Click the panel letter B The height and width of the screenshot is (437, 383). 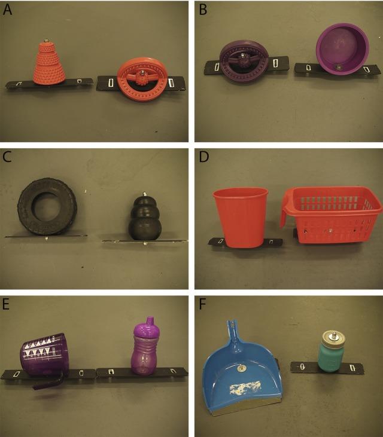click(x=202, y=10)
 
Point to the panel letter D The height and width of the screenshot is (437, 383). click(x=202, y=158)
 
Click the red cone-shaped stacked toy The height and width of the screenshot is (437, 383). click(x=48, y=65)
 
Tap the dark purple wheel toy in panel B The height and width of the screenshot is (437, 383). click(x=244, y=60)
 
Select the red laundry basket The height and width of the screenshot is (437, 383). click(x=332, y=214)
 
